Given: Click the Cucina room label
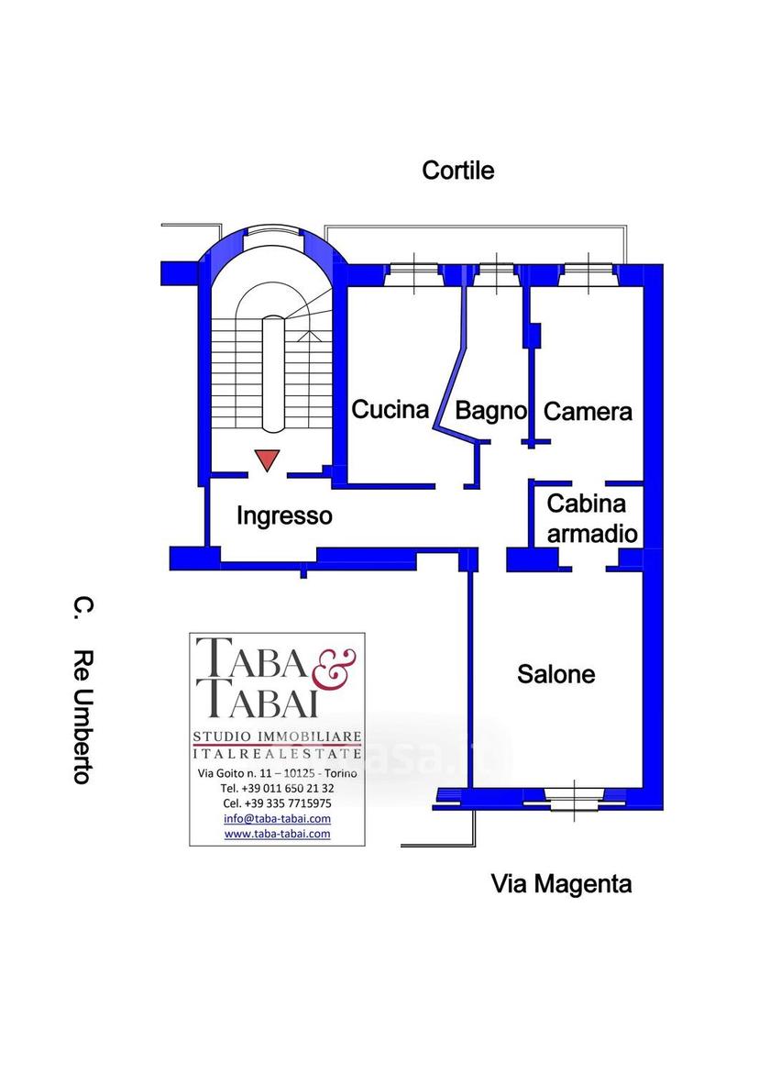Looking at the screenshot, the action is pyautogui.click(x=390, y=410).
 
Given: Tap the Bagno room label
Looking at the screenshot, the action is pyautogui.click(x=490, y=411).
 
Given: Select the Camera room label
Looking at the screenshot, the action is pyautogui.click(x=588, y=412).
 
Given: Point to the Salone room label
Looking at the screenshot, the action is pyautogui.click(x=555, y=674).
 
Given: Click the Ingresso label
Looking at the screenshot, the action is pyautogui.click(x=284, y=515).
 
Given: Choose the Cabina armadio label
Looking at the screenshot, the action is pyautogui.click(x=592, y=518).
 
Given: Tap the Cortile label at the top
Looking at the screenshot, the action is pyautogui.click(x=457, y=171).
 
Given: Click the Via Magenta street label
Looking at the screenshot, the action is pyautogui.click(x=561, y=884).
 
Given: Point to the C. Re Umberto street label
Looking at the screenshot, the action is pyautogui.click(x=82, y=691).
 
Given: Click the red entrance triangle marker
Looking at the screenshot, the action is pyautogui.click(x=267, y=459).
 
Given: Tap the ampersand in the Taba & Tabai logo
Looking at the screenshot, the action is pyautogui.click(x=334, y=669).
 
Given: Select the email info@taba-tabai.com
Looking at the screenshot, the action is pyautogui.click(x=277, y=818).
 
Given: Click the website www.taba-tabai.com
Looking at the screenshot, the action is pyautogui.click(x=277, y=834).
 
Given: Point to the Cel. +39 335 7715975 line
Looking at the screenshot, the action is pyautogui.click(x=277, y=803).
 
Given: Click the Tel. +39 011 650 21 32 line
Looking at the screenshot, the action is pyautogui.click(x=277, y=789).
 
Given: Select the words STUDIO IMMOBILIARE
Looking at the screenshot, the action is pyautogui.click(x=277, y=737).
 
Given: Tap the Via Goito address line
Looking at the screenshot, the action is pyautogui.click(x=277, y=773).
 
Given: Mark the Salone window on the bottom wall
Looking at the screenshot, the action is pyautogui.click(x=574, y=798).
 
